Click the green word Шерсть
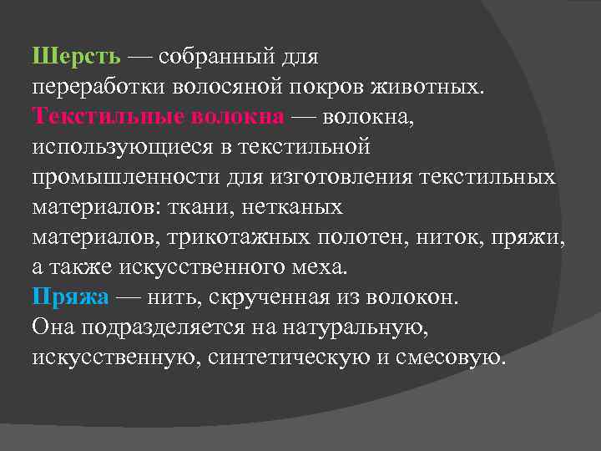(78, 57)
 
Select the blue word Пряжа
(70, 297)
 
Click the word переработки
(99, 87)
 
